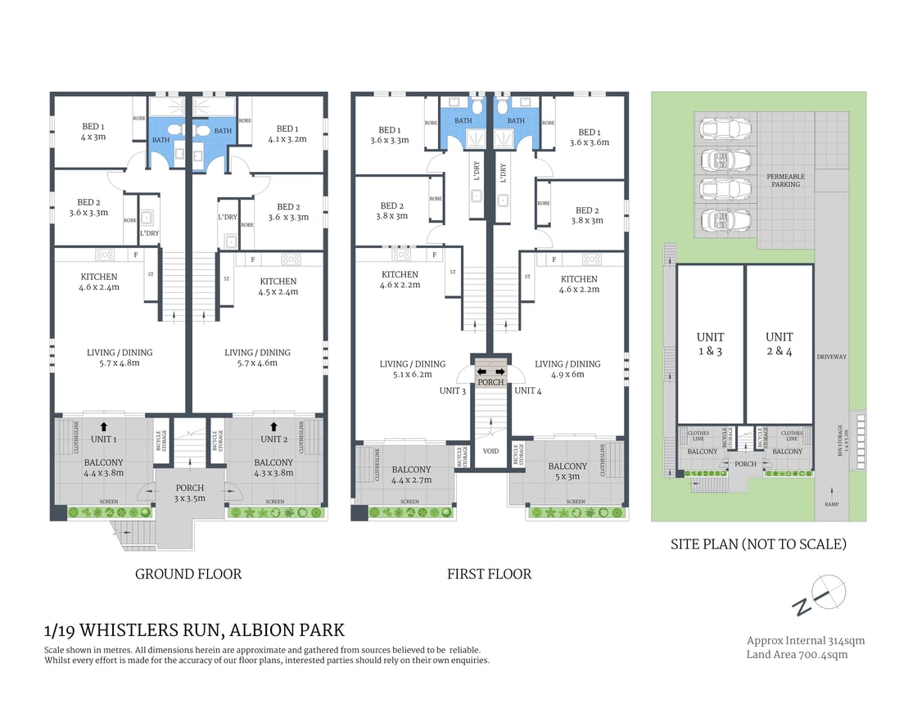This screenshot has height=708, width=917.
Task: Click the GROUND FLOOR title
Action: [188, 574]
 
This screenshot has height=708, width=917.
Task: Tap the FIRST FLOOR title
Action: [489, 574]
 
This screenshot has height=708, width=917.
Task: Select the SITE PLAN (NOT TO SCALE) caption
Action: [758, 543]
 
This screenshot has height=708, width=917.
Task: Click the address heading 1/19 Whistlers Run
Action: [194, 630]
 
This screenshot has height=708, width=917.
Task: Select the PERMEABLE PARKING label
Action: [785, 180]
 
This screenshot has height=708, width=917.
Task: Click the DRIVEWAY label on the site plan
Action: [831, 357]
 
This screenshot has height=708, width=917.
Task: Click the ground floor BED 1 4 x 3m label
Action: [93, 132]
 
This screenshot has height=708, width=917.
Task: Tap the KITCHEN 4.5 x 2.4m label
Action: [278, 286]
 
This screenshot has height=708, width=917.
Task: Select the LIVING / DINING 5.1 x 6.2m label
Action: [413, 369]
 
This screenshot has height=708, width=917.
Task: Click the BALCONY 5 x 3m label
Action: [567, 471]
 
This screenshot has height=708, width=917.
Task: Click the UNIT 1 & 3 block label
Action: [709, 343]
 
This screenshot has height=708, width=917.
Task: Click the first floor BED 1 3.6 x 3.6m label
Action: [587, 137]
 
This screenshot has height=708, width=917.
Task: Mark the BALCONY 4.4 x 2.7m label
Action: [411, 475]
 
